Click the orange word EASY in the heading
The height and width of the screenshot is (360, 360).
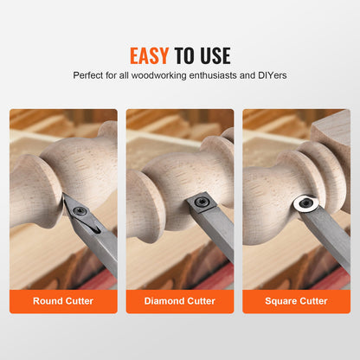[150, 56]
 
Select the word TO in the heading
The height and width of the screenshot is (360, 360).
[184, 56]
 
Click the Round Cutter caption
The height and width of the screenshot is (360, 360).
[63, 302]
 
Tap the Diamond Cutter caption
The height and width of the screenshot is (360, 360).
[180, 302]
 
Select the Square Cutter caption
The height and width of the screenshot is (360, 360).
[296, 302]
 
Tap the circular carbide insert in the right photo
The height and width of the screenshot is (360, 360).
[305, 205]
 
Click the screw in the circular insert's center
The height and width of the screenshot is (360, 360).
[305, 205]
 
